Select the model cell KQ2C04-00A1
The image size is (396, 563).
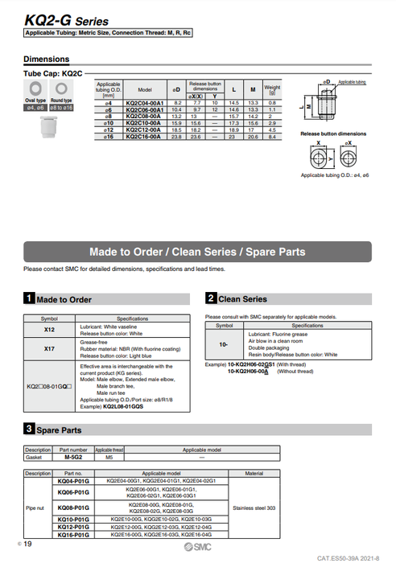coord(145,104)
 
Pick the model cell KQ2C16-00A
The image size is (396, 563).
coord(145,138)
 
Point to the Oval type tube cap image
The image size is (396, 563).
coord(36,88)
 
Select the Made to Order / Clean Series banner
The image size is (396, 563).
coord(197,252)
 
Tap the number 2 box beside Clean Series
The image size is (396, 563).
coord(210,299)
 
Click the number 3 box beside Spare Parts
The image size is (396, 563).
coord(29,430)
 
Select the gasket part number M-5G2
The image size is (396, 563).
coord(73,457)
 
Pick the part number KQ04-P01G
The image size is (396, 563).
coord(73,480)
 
